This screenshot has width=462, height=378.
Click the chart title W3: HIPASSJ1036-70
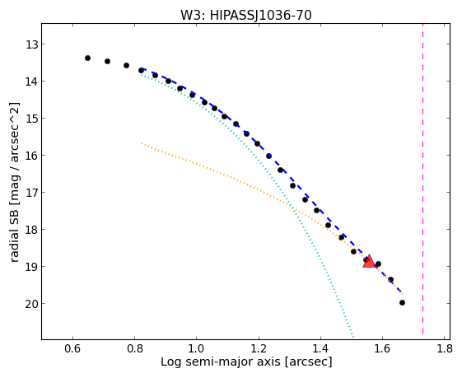(246, 15)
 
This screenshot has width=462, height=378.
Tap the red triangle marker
(369, 261)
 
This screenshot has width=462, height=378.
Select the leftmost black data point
(87, 58)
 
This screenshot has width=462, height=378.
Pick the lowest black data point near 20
(402, 302)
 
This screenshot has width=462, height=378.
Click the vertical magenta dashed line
(422, 178)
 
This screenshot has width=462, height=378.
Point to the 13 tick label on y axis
(31, 44)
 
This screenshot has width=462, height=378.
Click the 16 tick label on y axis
(31, 156)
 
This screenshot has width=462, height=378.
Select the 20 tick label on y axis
(31, 304)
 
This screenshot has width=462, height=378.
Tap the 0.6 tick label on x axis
(72, 349)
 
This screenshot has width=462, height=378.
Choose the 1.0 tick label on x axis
(197, 349)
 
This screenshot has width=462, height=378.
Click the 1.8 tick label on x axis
(445, 349)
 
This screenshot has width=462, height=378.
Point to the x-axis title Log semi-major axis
(221, 362)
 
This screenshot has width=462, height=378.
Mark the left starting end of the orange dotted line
(142, 143)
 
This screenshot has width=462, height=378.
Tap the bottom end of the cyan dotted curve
(353, 338)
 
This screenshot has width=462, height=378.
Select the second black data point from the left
(108, 61)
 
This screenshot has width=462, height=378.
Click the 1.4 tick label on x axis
(320, 349)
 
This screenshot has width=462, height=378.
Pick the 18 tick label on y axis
(31, 230)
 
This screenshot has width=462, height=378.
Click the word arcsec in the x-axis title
(309, 362)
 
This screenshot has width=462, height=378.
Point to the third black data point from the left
(126, 65)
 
